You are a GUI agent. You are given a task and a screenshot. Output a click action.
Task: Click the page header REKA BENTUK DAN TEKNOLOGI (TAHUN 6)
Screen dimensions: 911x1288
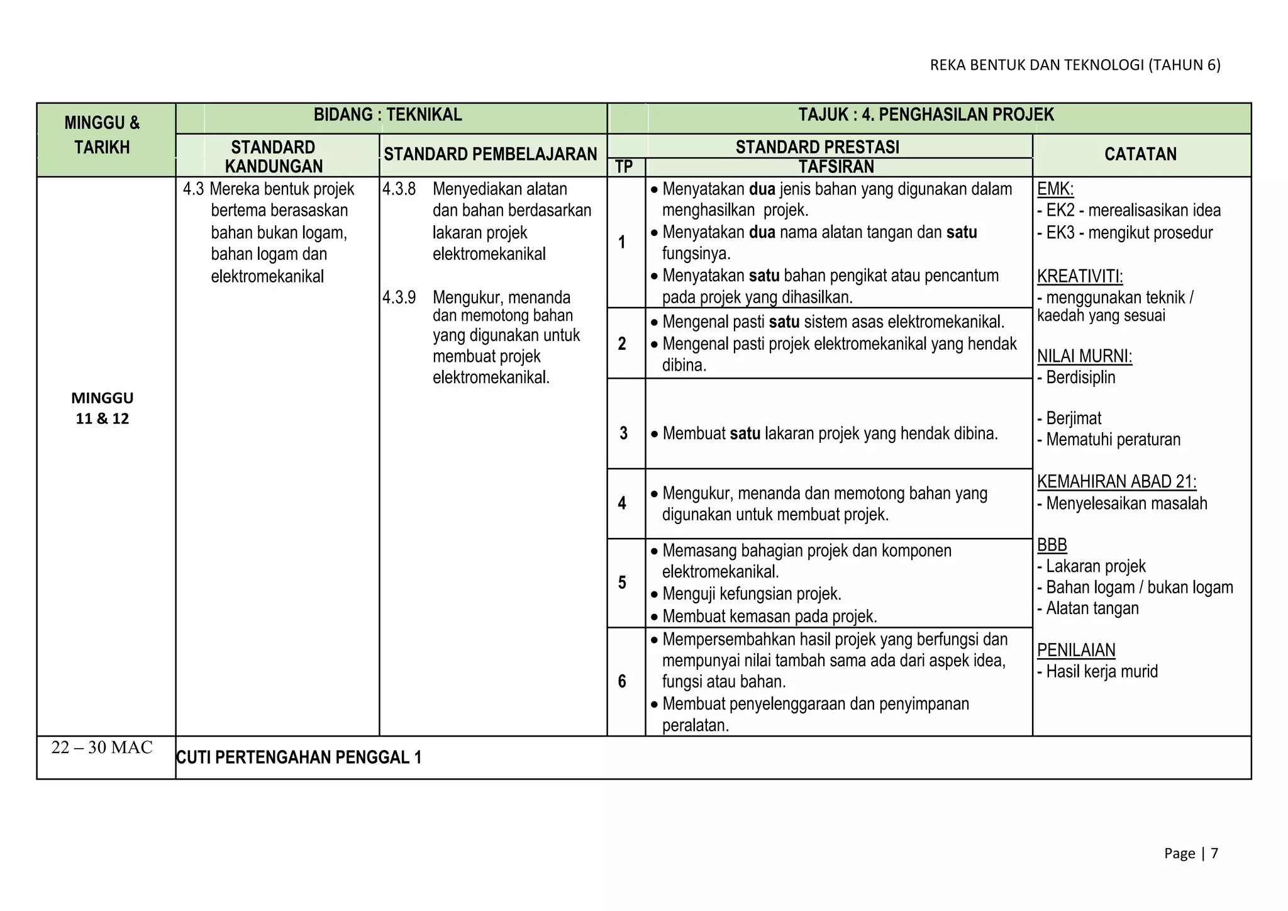pyautogui.click(x=1075, y=65)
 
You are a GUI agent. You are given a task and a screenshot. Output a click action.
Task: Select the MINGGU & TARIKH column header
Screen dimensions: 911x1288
pyautogui.click(x=102, y=135)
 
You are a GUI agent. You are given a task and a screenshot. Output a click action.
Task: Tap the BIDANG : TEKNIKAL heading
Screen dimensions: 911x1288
pyautogui.click(x=387, y=115)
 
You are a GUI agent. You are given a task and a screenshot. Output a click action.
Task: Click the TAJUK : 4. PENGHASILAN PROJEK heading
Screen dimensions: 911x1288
pyautogui.click(x=926, y=115)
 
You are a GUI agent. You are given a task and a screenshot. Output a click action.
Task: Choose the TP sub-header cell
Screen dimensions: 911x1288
pyautogui.click(x=623, y=167)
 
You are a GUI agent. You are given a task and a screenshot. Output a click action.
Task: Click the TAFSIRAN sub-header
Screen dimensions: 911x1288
pyautogui.click(x=836, y=167)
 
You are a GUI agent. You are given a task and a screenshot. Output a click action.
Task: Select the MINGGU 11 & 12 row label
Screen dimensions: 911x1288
pyautogui.click(x=102, y=408)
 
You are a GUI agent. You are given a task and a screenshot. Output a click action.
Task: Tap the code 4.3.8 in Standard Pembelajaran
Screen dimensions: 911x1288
pyautogui.click(x=399, y=189)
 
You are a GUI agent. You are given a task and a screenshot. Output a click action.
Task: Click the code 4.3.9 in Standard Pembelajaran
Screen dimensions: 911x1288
pyautogui.click(x=399, y=298)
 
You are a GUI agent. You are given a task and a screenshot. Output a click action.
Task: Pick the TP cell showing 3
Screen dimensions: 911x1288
pyautogui.click(x=623, y=433)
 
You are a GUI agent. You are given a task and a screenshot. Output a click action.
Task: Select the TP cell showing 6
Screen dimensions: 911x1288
pyautogui.click(x=622, y=681)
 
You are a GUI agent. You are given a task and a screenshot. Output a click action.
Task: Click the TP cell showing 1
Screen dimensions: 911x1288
pyautogui.click(x=622, y=242)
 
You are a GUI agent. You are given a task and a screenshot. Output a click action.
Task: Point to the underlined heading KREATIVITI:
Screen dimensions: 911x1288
pyautogui.click(x=1079, y=276)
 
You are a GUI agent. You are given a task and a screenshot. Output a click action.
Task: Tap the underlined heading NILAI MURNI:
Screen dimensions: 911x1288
pyautogui.click(x=1084, y=356)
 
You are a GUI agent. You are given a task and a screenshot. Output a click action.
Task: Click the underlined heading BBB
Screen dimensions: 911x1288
pyautogui.click(x=1052, y=545)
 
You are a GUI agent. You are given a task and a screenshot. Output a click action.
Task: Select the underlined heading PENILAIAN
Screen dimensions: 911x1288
pyautogui.click(x=1076, y=650)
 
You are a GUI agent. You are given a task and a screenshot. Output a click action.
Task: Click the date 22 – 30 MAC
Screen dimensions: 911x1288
pyautogui.click(x=102, y=747)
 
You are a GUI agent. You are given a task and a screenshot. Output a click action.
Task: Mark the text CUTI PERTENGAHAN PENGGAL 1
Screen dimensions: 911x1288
pyautogui.click(x=299, y=757)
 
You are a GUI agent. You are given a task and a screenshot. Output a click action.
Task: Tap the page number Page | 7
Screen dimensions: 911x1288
pyautogui.click(x=1191, y=853)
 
